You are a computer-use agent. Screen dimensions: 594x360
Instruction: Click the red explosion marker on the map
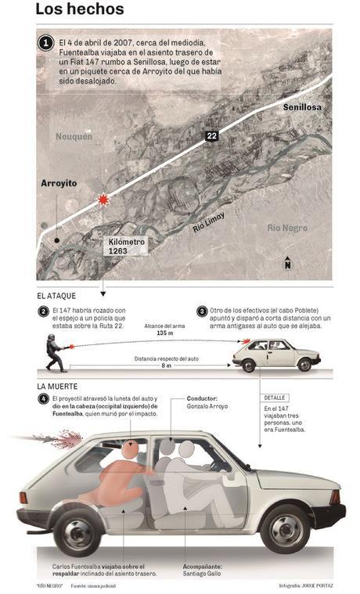coord(102,200)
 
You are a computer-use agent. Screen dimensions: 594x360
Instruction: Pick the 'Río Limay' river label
coord(211,224)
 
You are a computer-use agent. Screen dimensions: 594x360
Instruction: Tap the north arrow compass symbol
coord(287,262)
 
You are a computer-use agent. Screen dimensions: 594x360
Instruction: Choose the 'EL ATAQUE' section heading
coord(57,297)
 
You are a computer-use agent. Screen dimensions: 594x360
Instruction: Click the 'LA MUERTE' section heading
coord(57,387)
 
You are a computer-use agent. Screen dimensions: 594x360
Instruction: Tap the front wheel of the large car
coord(283,529)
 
